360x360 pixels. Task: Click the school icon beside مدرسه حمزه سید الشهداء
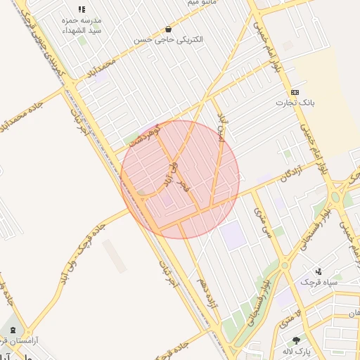(x=82, y=10)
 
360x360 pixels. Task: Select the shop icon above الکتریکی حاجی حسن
(x=168, y=30)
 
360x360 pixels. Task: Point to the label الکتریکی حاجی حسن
(x=169, y=40)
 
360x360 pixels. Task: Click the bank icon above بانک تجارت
(x=295, y=93)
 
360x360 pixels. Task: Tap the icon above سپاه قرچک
(x=319, y=271)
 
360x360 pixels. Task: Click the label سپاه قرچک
(x=319, y=282)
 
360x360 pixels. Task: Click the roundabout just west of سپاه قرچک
(x=284, y=266)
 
